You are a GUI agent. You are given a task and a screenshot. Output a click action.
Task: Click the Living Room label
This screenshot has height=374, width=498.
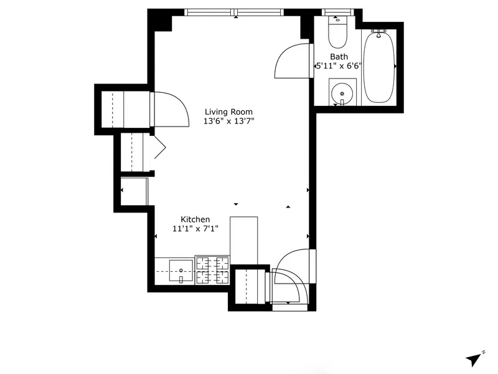click(x=229, y=112)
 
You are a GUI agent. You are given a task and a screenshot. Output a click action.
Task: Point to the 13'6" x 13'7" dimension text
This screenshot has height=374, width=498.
click(x=229, y=121)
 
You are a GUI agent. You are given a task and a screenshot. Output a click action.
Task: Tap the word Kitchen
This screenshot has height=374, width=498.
click(x=195, y=219)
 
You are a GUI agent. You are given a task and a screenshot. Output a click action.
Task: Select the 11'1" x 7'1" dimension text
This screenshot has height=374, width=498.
click(x=195, y=229)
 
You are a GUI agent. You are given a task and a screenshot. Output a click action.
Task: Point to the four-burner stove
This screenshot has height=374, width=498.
click(x=212, y=270)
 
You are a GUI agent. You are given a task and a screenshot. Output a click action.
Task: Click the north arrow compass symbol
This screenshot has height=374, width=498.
click(x=475, y=358)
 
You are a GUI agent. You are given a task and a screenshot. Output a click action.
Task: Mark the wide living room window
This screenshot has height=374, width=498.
click(x=235, y=12)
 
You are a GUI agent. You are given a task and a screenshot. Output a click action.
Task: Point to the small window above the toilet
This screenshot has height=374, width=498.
click(x=338, y=12)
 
